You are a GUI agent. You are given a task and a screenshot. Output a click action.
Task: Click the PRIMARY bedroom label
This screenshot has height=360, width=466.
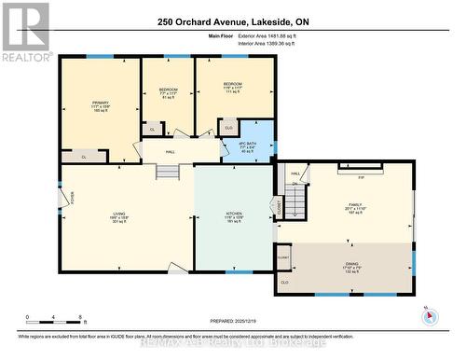(x=100, y=104)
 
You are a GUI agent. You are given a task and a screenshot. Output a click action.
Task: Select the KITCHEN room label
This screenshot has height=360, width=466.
(x=234, y=215)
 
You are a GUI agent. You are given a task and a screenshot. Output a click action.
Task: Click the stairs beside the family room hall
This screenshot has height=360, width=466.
(x=295, y=202)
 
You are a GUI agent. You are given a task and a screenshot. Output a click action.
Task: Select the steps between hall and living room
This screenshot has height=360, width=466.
(x=167, y=172)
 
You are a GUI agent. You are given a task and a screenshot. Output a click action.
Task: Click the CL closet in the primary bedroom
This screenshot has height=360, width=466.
(x=85, y=158)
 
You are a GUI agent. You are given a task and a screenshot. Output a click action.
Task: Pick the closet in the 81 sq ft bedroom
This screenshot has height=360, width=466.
(x=151, y=129)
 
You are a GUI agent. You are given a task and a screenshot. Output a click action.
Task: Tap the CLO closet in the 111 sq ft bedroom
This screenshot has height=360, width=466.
(x=229, y=129)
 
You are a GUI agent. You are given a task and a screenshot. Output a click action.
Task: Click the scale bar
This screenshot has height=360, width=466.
(x=55, y=317)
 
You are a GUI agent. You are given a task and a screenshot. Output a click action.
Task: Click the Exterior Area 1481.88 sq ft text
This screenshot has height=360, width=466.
(x=279, y=35)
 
